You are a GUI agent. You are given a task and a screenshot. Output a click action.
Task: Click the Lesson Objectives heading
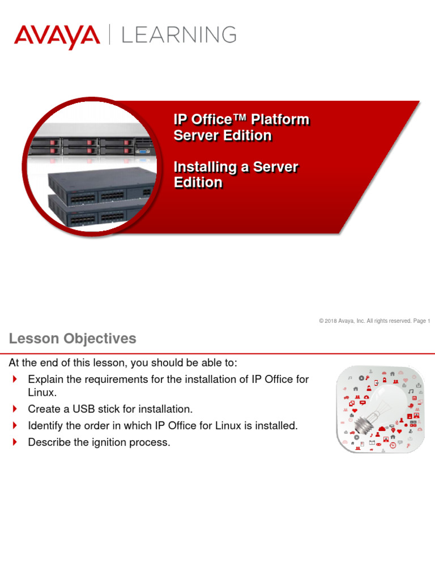point(72,339)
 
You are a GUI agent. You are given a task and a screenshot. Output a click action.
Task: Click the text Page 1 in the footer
point(421,321)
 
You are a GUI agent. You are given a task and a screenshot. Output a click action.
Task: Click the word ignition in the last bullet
point(112,442)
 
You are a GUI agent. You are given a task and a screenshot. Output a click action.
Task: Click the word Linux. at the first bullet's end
point(42,393)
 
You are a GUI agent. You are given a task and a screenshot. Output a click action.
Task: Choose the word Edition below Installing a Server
point(198,182)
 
